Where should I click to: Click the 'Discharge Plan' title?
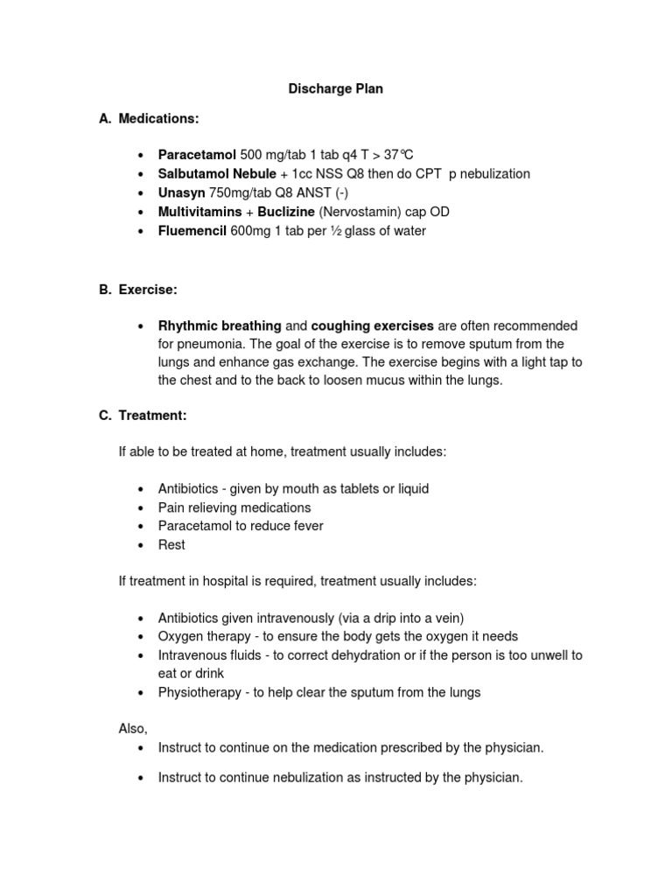[x=336, y=89]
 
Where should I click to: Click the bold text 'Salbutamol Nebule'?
[x=217, y=174]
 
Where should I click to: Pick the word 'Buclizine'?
[x=286, y=213]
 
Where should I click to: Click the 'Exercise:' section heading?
[x=149, y=289]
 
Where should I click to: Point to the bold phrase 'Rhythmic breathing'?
[x=219, y=325]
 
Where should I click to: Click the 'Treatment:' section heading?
[x=152, y=416]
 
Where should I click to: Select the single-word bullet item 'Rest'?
[x=171, y=544]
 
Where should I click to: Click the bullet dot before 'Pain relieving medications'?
[x=141, y=507]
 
